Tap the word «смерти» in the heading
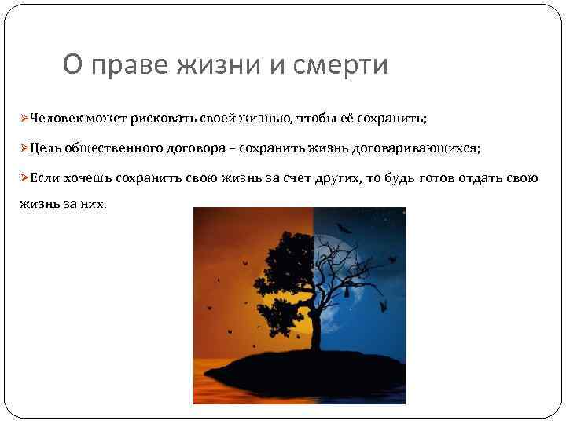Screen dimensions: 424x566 point(340,64)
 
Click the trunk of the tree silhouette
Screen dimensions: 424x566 point(313,330)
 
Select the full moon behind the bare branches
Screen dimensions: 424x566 point(362,283)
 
